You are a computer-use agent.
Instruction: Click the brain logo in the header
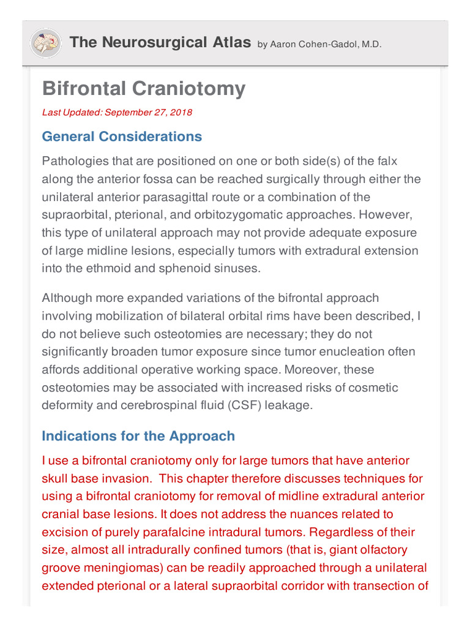tap(45, 43)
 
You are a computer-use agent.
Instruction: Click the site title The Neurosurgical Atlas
tap(160, 42)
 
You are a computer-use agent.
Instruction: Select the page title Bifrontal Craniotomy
tap(144, 89)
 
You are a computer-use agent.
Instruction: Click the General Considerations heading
tap(122, 137)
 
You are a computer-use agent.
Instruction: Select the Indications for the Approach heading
tap(138, 436)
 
